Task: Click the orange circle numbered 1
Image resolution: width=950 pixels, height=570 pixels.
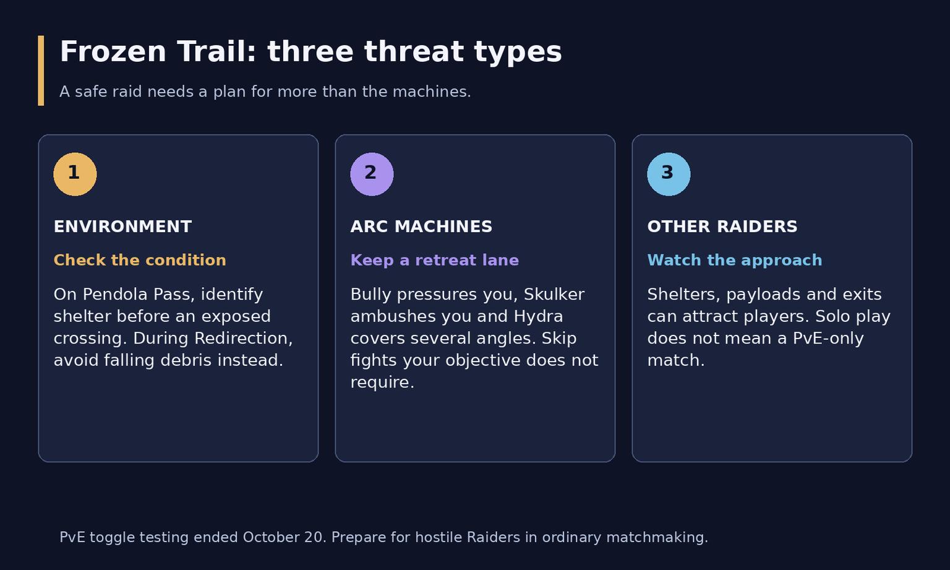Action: [75, 174]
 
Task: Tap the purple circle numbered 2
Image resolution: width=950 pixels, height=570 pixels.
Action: [372, 174]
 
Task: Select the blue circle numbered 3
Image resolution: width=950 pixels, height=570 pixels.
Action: [669, 174]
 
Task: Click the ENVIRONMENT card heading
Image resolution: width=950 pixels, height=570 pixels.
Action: [122, 227]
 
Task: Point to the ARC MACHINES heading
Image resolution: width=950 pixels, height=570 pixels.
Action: [421, 227]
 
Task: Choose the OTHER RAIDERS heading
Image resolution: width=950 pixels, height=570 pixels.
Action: [722, 227]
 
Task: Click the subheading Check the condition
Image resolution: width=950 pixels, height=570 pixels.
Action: [140, 260]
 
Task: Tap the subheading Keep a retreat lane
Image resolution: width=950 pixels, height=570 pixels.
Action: [435, 260]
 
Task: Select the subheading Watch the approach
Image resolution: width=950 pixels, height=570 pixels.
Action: [735, 260]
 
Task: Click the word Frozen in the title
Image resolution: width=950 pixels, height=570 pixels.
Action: [113, 52]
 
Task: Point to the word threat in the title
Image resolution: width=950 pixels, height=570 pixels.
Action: [414, 52]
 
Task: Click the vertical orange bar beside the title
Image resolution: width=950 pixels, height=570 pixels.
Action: [41, 71]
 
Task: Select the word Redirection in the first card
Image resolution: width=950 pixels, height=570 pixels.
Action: [243, 339]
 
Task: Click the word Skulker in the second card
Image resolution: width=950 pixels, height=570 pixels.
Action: [554, 294]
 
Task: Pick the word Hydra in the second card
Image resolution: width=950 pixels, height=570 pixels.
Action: [538, 316]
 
